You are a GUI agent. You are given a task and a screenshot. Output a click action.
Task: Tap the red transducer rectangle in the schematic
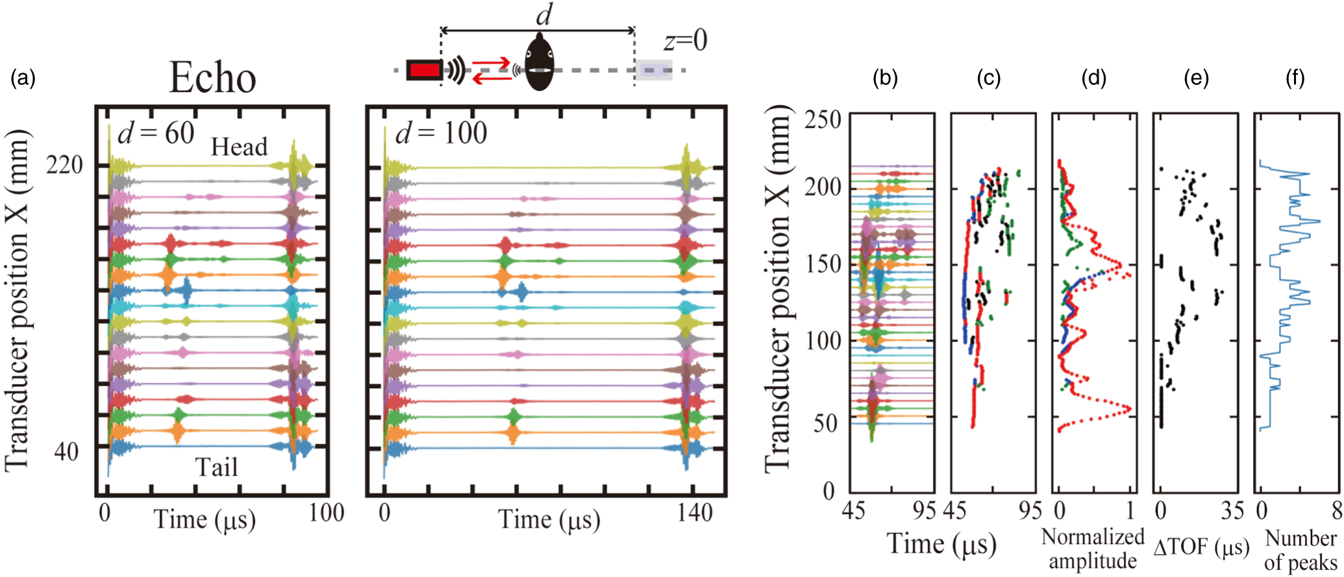tap(425, 69)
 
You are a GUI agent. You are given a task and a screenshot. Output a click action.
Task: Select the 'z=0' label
tap(686, 40)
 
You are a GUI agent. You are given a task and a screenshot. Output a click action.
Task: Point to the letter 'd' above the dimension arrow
tap(543, 14)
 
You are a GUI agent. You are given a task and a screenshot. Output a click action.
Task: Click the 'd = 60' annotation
tap(156, 133)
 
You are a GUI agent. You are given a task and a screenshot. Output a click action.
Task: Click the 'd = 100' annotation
tap(442, 133)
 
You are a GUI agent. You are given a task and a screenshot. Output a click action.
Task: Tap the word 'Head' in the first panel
tap(239, 147)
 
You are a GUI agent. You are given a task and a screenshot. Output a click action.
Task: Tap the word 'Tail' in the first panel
tap(217, 467)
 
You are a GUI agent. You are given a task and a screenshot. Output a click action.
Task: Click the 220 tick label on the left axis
tap(64, 166)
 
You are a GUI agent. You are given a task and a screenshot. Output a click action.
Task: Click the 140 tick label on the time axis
tap(695, 513)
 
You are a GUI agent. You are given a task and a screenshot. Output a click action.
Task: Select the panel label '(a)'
tap(23, 79)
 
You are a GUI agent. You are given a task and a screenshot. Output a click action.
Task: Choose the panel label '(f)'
tap(1295, 78)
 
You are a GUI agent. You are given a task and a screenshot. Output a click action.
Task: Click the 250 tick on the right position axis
tap(823, 119)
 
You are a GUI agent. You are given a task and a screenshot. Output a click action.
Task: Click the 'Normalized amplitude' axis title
tap(1093, 548)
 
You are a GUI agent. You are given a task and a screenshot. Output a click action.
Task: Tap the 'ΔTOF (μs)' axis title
tap(1201, 547)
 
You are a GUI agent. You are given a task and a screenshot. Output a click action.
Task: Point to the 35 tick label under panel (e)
tap(1232, 511)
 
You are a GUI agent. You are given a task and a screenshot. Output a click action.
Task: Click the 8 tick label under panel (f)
tap(1336, 511)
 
